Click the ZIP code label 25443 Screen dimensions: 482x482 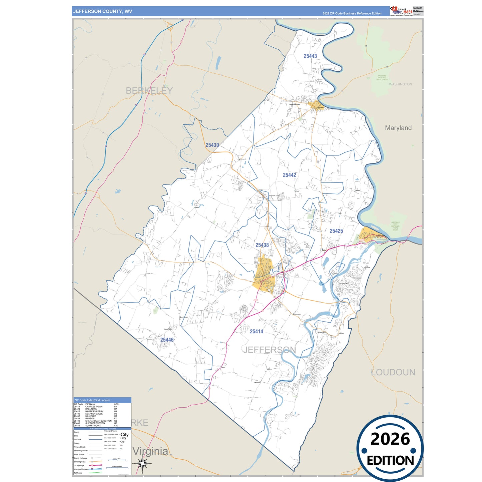(x=310, y=56)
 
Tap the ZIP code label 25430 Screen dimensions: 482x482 (x=212, y=145)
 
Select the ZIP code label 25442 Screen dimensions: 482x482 (x=290, y=175)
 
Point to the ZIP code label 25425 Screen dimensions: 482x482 (x=336, y=231)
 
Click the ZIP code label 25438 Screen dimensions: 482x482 (x=262, y=245)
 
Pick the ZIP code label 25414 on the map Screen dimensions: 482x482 (x=257, y=332)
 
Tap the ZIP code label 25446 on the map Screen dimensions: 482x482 (x=167, y=340)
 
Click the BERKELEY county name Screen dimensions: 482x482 (x=149, y=91)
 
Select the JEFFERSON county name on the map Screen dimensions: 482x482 (x=270, y=350)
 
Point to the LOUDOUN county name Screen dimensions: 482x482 (x=393, y=372)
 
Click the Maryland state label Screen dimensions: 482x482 (x=398, y=128)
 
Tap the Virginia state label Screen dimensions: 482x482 (x=150, y=451)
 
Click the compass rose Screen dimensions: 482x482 (x=142, y=463)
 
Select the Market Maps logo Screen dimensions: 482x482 (x=401, y=11)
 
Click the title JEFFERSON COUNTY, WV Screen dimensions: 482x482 (x=103, y=11)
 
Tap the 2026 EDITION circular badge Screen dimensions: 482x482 (x=390, y=449)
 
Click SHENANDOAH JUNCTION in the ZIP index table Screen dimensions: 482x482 (x=98, y=421)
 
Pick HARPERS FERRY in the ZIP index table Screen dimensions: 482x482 (x=94, y=411)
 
